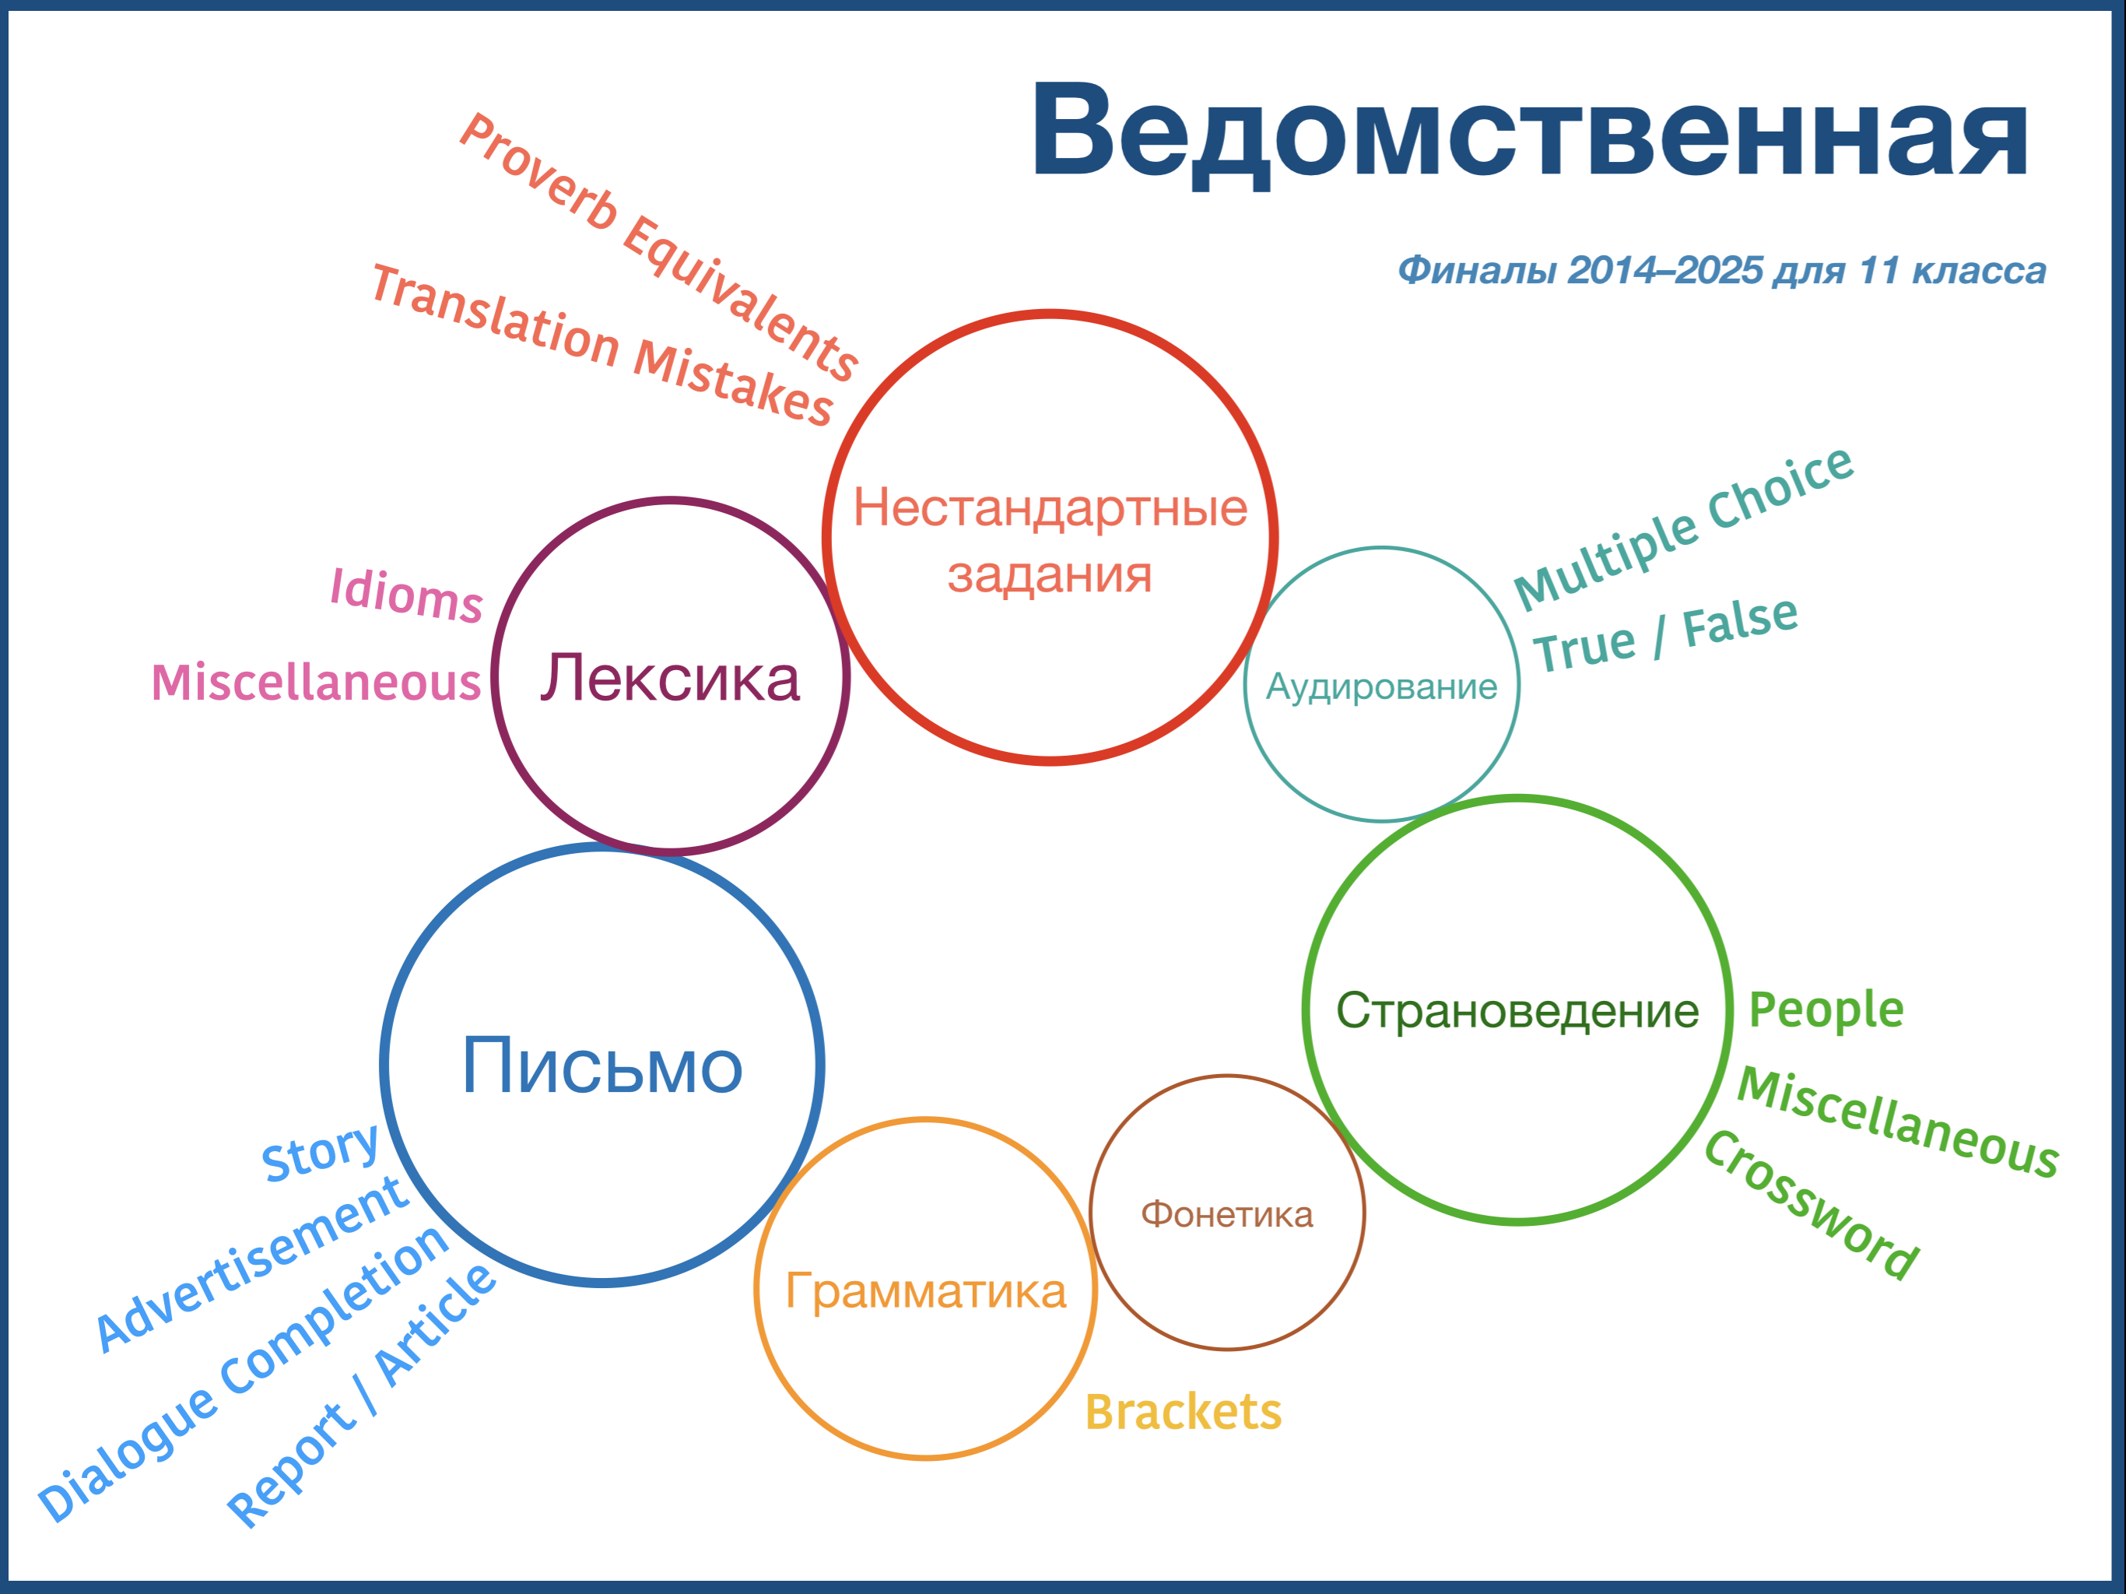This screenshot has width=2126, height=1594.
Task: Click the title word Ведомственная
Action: [1529, 132]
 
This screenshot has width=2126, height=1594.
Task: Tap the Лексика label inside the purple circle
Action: [670, 678]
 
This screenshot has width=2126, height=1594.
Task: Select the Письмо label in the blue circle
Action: [602, 1066]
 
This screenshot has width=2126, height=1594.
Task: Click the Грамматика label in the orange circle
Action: [925, 1291]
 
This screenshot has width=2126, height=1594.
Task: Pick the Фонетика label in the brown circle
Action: [1226, 1215]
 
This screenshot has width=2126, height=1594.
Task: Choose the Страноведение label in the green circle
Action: [1517, 1011]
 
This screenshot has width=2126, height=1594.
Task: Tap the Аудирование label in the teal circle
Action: [1381, 687]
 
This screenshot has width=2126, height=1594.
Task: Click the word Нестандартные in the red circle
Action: [1050, 507]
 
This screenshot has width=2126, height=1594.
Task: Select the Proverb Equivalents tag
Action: [658, 247]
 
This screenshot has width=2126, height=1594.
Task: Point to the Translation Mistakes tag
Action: [602, 345]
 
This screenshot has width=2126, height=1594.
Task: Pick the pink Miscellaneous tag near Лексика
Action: [316, 683]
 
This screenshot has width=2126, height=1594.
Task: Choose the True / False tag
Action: [1665, 634]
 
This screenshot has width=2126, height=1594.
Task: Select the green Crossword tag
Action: [1812, 1206]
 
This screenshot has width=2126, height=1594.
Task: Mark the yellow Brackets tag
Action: [1183, 1413]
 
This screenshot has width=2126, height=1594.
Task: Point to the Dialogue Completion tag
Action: [243, 1375]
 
